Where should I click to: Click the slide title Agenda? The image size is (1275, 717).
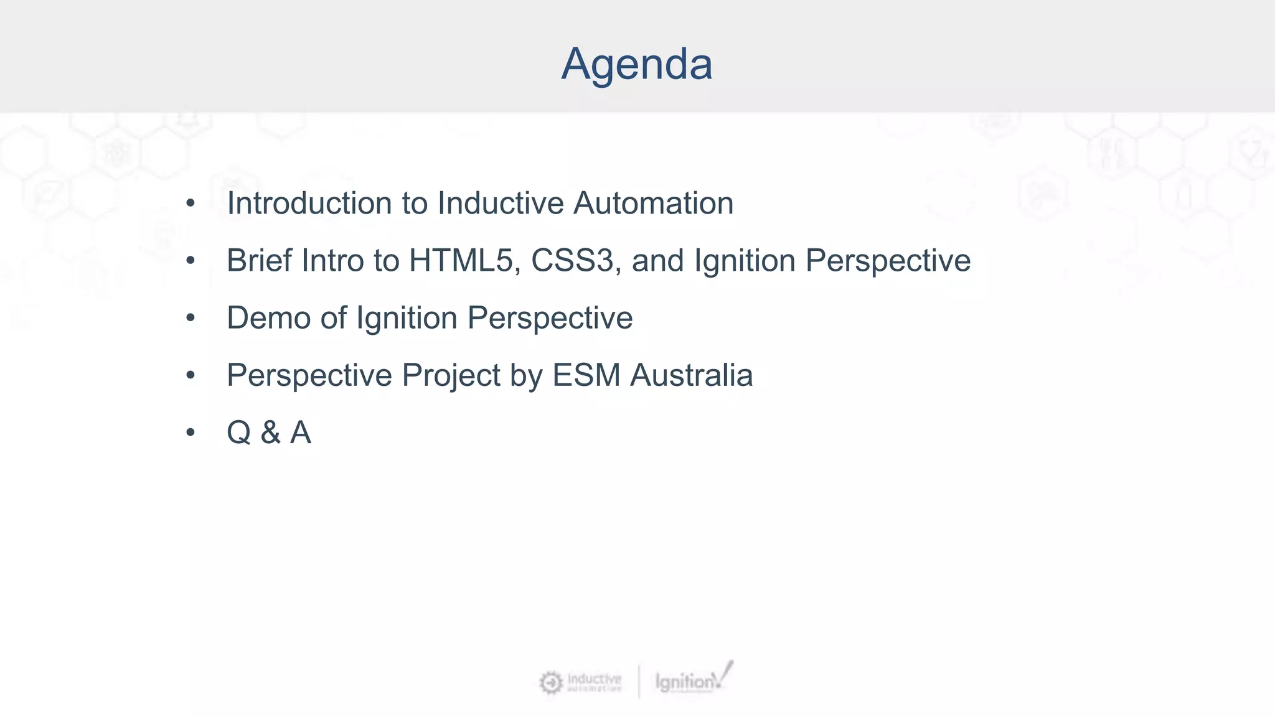click(x=636, y=64)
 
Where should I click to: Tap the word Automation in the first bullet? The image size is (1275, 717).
click(x=653, y=204)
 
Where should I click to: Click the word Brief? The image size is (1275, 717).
click(x=259, y=261)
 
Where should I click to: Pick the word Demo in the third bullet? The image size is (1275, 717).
click(x=268, y=318)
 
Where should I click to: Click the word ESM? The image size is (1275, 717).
click(x=586, y=375)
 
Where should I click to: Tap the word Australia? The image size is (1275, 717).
click(x=691, y=375)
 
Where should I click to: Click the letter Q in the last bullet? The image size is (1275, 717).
click(x=239, y=433)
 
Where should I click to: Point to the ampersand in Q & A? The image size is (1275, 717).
click(x=270, y=433)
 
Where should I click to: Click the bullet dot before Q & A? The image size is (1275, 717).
click(x=191, y=433)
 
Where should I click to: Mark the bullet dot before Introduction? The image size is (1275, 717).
click(x=191, y=204)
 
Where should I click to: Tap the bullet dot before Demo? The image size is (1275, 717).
click(x=191, y=318)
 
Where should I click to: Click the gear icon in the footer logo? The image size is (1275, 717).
click(x=550, y=683)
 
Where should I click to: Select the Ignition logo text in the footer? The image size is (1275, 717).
click(x=685, y=682)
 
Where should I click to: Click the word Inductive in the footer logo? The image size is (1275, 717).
click(x=594, y=678)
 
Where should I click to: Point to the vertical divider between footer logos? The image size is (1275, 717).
click(x=639, y=682)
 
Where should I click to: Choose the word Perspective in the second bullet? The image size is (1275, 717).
click(x=888, y=261)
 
